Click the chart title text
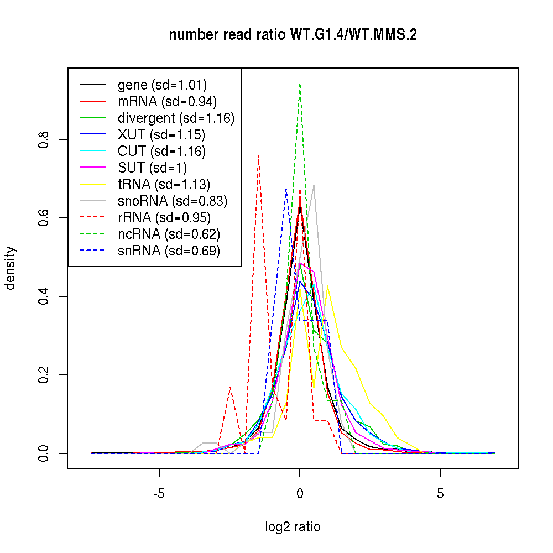[293, 35]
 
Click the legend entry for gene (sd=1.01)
[162, 85]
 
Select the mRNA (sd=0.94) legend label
[167, 102]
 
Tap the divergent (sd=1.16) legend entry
[176, 118]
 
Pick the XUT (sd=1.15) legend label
[161, 135]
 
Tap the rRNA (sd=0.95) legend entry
[164, 218]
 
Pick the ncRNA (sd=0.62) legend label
[169, 234]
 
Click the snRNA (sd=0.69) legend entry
[169, 251]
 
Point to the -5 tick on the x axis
[159, 493]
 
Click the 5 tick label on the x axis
[440, 493]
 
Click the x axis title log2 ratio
[293, 527]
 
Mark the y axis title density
[11, 268]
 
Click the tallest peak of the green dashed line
[300, 83]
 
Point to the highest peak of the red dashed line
[258, 155]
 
